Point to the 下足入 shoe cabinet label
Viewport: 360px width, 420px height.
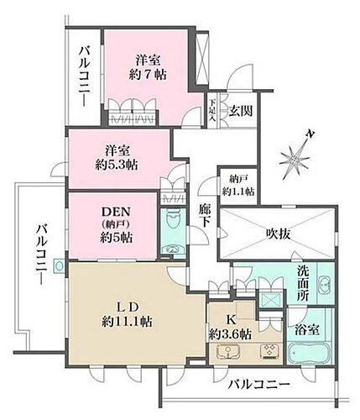coord(212,111)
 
